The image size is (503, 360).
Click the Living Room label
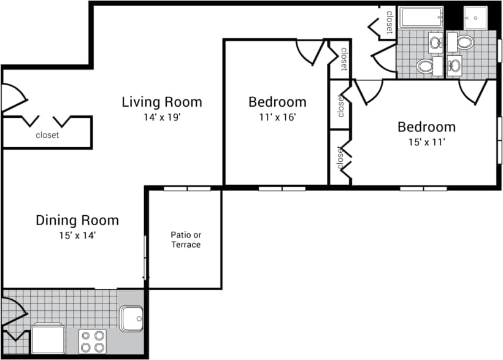point(161,102)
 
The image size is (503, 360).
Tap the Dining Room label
point(77,220)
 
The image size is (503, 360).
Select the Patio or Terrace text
point(185,240)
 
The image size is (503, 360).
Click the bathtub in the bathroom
point(421,18)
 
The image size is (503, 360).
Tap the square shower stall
point(475,18)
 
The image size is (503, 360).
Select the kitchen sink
point(131,318)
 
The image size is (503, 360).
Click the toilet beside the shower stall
point(466,43)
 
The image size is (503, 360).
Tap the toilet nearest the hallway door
point(424,66)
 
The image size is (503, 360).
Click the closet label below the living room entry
point(47,136)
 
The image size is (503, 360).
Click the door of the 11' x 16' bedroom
point(310,52)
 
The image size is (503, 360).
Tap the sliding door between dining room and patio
point(145,258)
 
